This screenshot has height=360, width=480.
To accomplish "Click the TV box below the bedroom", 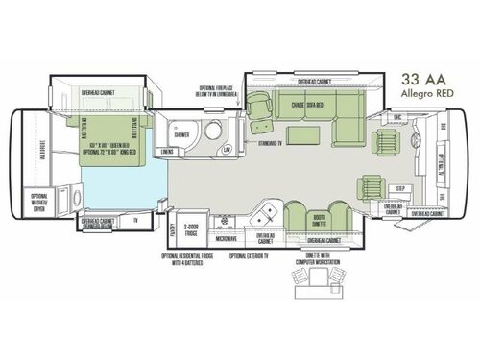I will point(137,220).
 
